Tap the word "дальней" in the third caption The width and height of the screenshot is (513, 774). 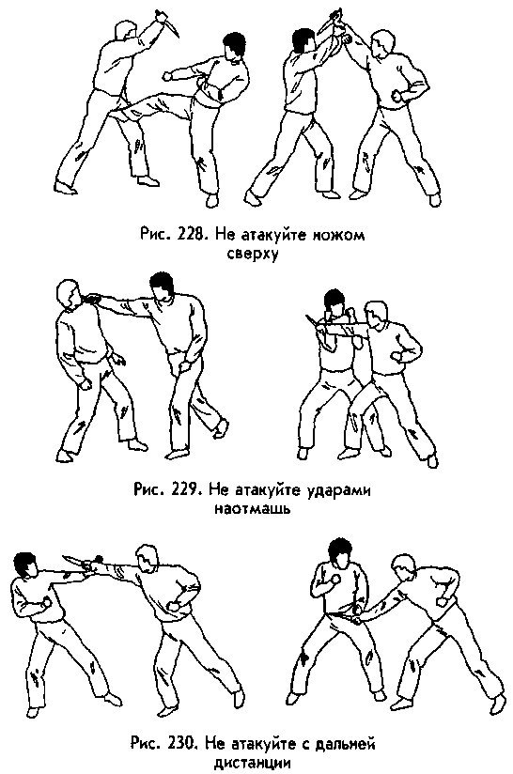(350, 746)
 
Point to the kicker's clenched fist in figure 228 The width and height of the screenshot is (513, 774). (170, 74)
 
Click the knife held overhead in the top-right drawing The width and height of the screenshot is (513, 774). (334, 21)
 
